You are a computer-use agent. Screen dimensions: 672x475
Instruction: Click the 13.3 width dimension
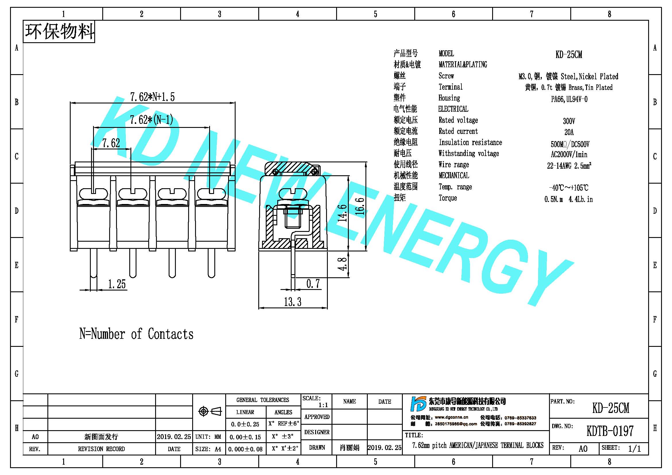click(x=292, y=302)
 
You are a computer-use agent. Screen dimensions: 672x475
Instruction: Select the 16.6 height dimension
click(x=360, y=206)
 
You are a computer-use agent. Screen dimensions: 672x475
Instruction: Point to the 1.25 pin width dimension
click(x=117, y=284)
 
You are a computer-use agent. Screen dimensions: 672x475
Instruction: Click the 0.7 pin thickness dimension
click(x=313, y=283)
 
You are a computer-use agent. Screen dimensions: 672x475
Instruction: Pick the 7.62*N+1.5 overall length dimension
click(x=152, y=97)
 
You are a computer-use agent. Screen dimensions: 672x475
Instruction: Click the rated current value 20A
click(x=569, y=132)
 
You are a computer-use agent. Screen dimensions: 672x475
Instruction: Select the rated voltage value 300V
click(x=569, y=121)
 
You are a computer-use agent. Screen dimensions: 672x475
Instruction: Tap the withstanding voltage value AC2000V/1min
click(x=569, y=155)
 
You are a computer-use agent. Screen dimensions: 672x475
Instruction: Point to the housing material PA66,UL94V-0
click(x=569, y=99)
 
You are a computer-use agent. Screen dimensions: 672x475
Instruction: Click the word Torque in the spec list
click(x=448, y=198)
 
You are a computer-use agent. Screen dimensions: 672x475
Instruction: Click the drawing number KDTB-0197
click(x=610, y=431)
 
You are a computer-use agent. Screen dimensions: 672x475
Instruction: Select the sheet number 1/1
click(x=634, y=449)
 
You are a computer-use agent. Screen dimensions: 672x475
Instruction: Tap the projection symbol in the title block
click(x=210, y=411)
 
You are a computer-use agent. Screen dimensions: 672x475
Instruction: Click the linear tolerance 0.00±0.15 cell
click(x=245, y=437)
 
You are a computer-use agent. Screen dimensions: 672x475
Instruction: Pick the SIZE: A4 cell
click(x=208, y=449)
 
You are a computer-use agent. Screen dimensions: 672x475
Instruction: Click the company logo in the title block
click(x=418, y=404)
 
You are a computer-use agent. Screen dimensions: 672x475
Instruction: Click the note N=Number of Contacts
click(x=136, y=334)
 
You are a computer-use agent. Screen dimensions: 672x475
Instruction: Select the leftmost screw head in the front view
click(x=93, y=194)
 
